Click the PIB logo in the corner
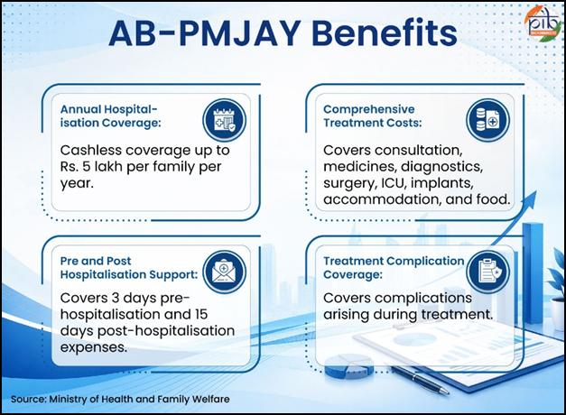[x=544, y=23]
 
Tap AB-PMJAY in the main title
[x=205, y=32]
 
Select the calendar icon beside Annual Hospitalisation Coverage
[x=224, y=120]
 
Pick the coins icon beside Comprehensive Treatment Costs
[x=487, y=120]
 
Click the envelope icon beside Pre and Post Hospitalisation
[x=224, y=272]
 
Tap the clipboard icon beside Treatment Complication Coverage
[x=487, y=272]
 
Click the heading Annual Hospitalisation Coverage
[x=110, y=115]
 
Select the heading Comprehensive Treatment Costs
[x=373, y=115]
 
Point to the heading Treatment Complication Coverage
[x=394, y=267]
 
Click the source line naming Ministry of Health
[x=120, y=399]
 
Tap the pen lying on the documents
[x=421, y=380]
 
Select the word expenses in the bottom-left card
[x=94, y=348]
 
